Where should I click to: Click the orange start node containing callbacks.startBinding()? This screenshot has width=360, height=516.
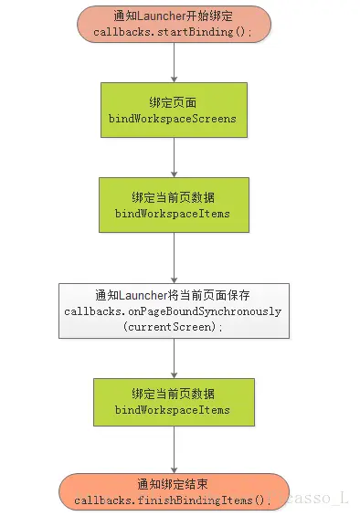pyautogui.click(x=173, y=24)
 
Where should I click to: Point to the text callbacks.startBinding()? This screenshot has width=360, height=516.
pyautogui.click(x=173, y=32)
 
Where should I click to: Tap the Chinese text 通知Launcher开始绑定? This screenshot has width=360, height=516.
pyautogui.click(x=173, y=16)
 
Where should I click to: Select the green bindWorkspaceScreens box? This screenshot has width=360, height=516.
pyautogui.click(x=173, y=111)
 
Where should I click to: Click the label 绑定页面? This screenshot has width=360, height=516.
pyautogui.click(x=173, y=103)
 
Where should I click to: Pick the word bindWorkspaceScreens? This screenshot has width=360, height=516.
pyautogui.click(x=173, y=120)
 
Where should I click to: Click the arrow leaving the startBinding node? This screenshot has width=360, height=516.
pyautogui.click(x=173, y=62)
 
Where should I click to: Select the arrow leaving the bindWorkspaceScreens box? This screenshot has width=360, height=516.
pyautogui.click(x=173, y=158)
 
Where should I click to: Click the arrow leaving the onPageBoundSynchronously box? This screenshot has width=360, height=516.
pyautogui.click(x=173, y=359)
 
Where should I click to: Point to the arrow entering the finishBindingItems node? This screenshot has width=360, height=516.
pyautogui.click(x=173, y=451)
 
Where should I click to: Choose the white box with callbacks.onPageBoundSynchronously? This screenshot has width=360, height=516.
pyautogui.click(x=173, y=311)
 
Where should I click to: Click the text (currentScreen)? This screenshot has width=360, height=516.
pyautogui.click(x=173, y=327)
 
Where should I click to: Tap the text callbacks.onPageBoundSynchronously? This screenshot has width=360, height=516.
pyautogui.click(x=173, y=311)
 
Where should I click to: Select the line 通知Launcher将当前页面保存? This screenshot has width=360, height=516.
pyautogui.click(x=173, y=295)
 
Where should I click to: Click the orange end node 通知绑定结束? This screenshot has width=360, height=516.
pyautogui.click(x=173, y=491)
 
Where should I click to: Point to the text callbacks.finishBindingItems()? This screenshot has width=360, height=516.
pyautogui.click(x=173, y=500)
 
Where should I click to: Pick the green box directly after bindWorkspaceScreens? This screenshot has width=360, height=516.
pyautogui.click(x=173, y=205)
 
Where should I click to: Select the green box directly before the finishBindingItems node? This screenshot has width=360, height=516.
pyautogui.click(x=173, y=403)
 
